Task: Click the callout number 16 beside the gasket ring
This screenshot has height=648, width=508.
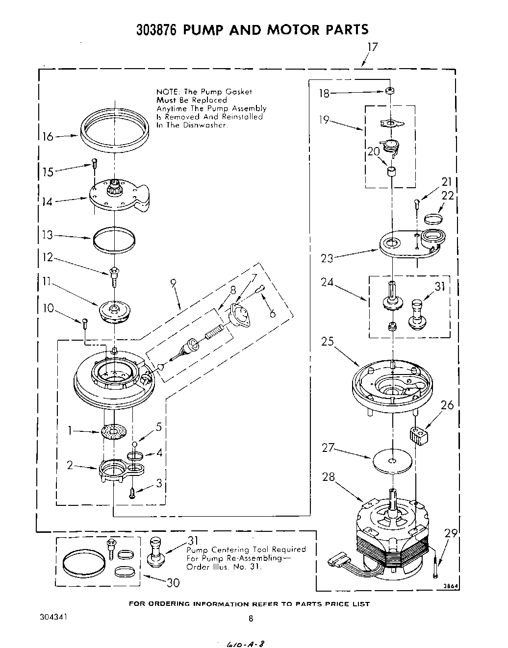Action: click(x=48, y=136)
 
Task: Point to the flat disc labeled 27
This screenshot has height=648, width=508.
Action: click(x=391, y=461)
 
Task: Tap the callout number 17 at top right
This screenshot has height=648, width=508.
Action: click(x=373, y=47)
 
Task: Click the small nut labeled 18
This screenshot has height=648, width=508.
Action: click(x=389, y=91)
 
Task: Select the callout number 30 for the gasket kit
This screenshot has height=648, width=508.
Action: click(x=173, y=582)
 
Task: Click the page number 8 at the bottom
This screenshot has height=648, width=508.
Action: click(x=251, y=619)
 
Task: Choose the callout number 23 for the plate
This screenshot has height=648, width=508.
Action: click(x=327, y=258)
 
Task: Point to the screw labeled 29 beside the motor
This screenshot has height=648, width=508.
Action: click(x=436, y=570)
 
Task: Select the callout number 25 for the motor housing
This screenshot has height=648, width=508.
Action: click(x=328, y=341)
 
